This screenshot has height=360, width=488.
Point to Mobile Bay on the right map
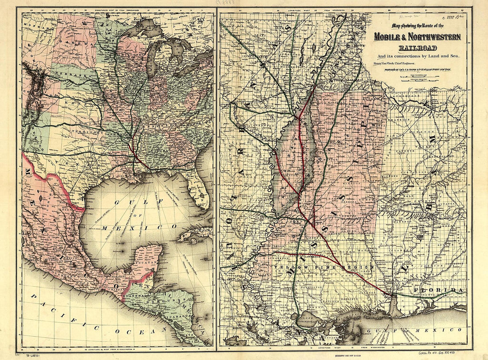(x=394, y=306)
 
